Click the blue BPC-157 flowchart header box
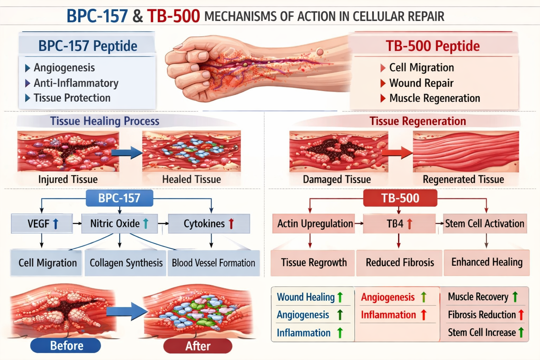(x=119, y=198)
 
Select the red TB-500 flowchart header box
(x=400, y=198)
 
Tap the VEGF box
(x=42, y=224)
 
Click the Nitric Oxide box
(x=119, y=224)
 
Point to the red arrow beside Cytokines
(x=231, y=224)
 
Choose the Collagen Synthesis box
(x=126, y=263)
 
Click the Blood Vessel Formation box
(x=213, y=263)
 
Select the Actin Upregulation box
(x=314, y=224)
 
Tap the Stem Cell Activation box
(x=484, y=224)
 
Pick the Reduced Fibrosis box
(x=399, y=263)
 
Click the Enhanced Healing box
(x=487, y=262)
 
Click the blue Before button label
(x=66, y=346)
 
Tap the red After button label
(x=198, y=346)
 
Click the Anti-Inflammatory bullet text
(x=76, y=83)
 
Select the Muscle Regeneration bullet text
(x=435, y=98)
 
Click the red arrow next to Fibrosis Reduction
(x=521, y=315)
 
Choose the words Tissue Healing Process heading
(x=104, y=121)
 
